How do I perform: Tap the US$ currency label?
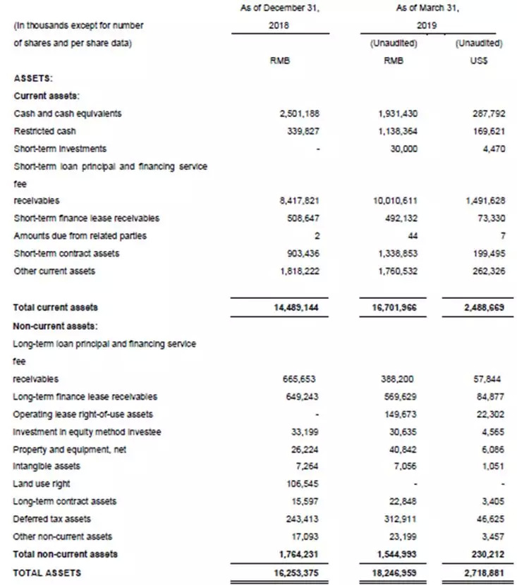point(479,61)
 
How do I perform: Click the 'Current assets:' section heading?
point(46,95)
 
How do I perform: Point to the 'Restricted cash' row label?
point(44,131)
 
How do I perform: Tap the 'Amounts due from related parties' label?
point(80,236)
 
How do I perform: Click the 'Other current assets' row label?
point(54,271)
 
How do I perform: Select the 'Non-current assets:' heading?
point(55,326)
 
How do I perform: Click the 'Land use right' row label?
point(42,484)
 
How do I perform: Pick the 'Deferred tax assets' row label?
point(52,519)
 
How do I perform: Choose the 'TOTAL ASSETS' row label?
point(47,573)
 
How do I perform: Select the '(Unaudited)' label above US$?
point(479,43)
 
